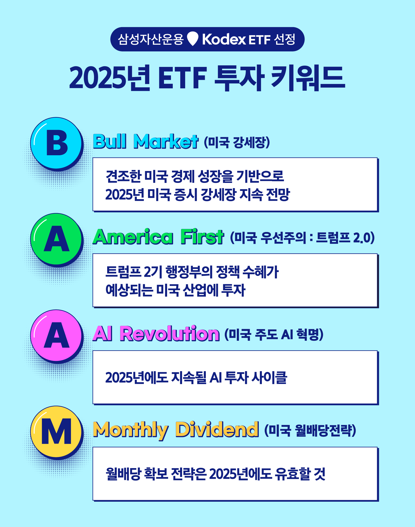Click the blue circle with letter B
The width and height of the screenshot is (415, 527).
[x=56, y=143]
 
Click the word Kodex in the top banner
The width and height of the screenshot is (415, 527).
[x=224, y=40]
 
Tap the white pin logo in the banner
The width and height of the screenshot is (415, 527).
[x=193, y=39]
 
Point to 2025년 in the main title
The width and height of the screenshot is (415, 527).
[x=109, y=78]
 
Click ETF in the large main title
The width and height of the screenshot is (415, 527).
[x=182, y=78]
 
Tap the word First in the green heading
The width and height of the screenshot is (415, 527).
[x=202, y=237]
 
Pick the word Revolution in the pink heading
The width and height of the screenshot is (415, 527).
[x=169, y=334]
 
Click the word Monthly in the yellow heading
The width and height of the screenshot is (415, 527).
[x=130, y=430]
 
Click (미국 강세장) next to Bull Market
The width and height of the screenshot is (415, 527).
[x=237, y=142]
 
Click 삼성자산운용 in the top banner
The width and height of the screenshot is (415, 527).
[x=151, y=40]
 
